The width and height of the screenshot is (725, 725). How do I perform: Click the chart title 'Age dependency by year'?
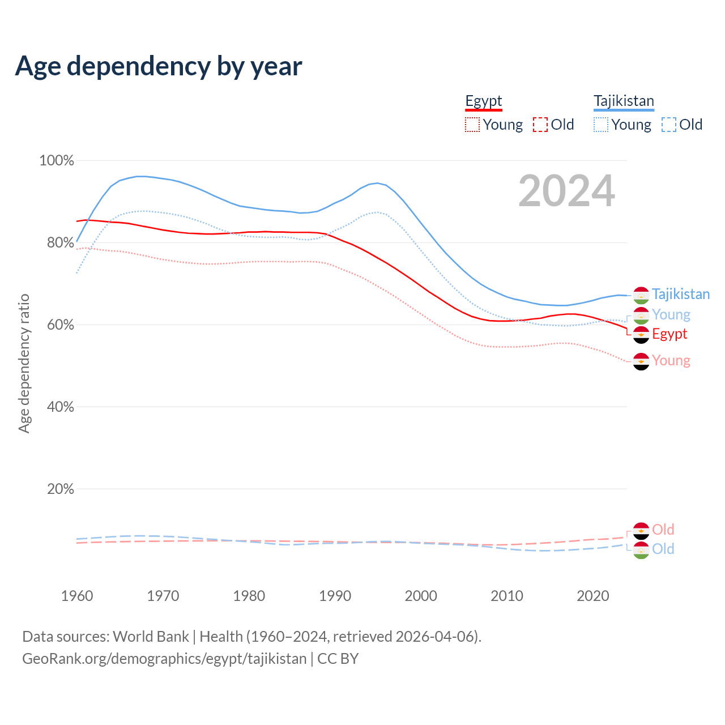click(159, 66)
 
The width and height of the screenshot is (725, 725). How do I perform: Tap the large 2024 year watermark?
click(566, 191)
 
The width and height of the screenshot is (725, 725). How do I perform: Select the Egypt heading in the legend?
click(484, 101)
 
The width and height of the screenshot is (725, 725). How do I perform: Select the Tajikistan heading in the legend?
click(624, 101)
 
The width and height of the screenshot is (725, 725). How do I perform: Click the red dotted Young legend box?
click(472, 125)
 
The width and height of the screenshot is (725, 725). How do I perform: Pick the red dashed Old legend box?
click(540, 125)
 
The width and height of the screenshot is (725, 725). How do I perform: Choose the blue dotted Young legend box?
click(601, 125)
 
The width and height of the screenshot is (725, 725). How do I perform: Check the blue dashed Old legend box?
click(669, 125)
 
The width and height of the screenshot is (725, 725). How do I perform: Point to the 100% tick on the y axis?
click(57, 161)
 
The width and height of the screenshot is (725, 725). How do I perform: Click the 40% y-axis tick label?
click(60, 407)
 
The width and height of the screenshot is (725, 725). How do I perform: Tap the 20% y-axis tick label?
click(60, 489)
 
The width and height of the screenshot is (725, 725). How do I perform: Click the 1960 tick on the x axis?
click(77, 596)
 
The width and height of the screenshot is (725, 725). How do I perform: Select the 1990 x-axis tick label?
click(335, 596)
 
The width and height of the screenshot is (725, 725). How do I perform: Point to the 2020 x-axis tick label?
click(592, 596)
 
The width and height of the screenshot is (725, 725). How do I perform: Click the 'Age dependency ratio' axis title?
click(24, 363)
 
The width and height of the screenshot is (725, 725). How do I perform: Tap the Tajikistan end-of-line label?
click(680, 295)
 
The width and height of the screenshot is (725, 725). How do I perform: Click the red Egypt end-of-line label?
click(669, 334)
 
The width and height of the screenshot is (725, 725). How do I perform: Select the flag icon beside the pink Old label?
click(641, 531)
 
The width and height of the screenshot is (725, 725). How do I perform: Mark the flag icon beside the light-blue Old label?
click(641, 550)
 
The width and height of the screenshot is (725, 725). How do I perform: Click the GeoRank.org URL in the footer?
click(164, 659)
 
